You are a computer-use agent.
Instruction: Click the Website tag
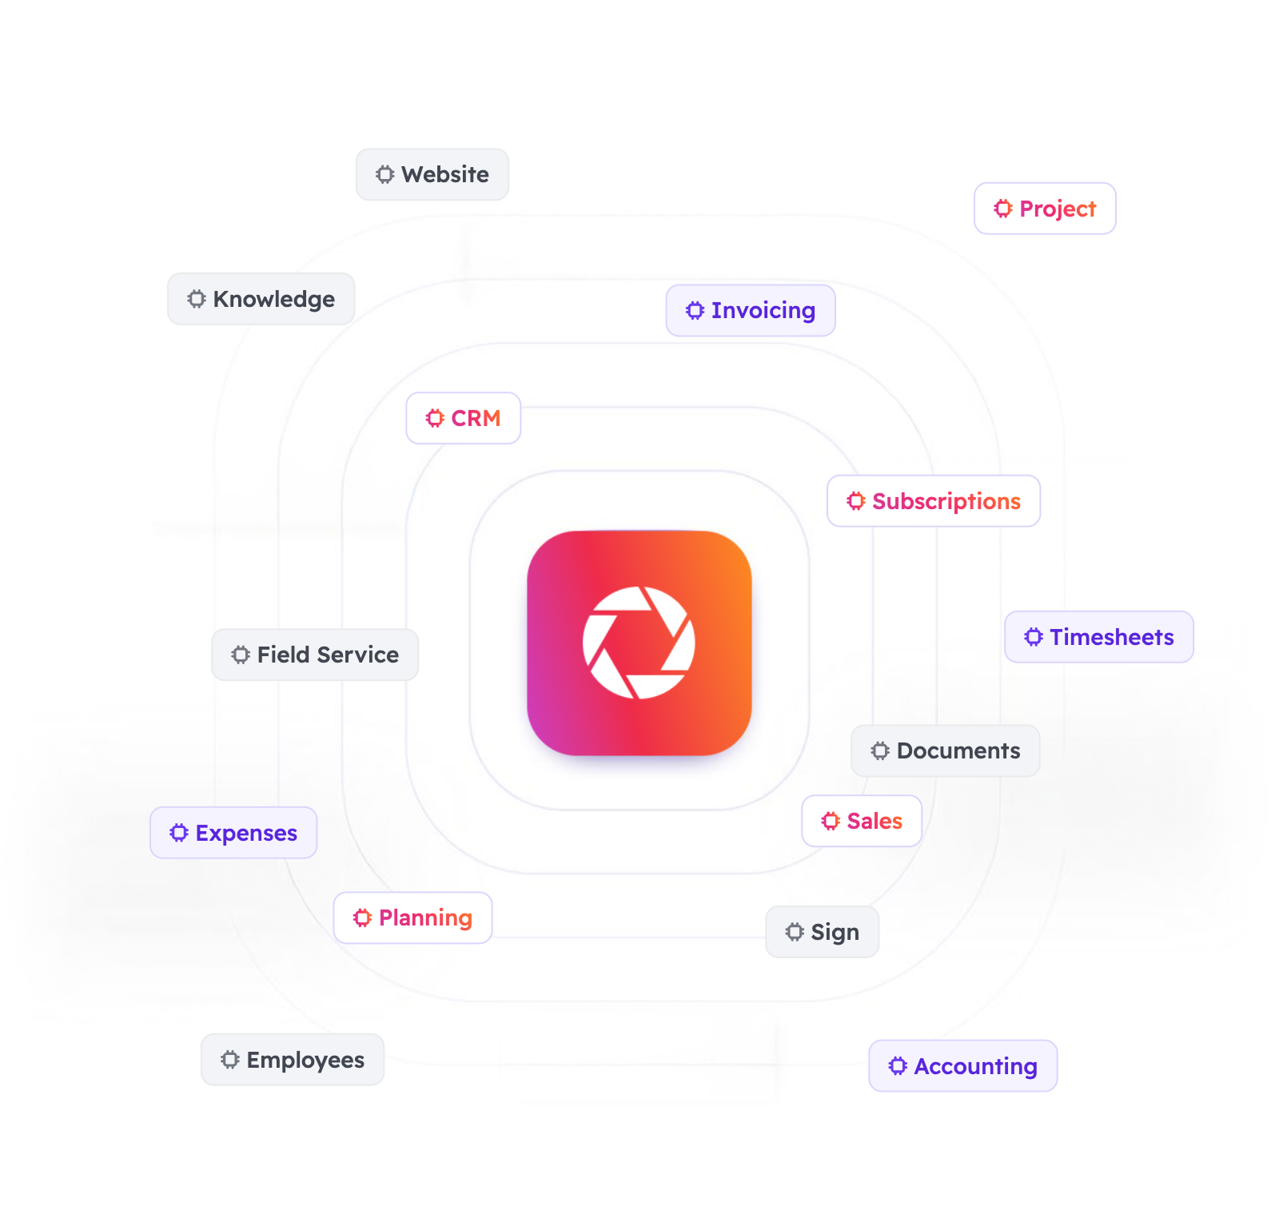coord(432,174)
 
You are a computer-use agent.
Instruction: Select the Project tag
coord(1045,209)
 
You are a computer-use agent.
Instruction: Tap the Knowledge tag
coord(261,299)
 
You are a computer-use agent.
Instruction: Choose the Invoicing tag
coord(751,310)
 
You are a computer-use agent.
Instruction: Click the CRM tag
coord(464,418)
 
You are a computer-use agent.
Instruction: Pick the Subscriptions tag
coord(934,501)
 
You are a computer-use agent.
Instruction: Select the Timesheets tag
coord(1099,637)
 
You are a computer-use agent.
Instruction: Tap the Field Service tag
coord(315,655)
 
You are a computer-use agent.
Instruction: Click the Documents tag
coord(946,750)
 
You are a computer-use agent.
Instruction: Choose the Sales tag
coord(862,821)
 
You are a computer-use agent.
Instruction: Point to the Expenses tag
coord(233,833)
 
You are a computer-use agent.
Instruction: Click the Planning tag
coord(412,917)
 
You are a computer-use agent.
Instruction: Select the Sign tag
coord(823,932)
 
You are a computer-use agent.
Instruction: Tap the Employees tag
coord(293,1060)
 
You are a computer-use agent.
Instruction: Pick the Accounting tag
coord(963,1066)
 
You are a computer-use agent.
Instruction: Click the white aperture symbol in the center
coord(639,643)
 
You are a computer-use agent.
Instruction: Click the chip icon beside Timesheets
coord(1034,637)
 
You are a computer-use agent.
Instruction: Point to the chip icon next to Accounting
coord(898,1066)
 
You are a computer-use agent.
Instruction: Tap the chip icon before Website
coord(385,174)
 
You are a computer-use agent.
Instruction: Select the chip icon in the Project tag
coord(1003,209)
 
